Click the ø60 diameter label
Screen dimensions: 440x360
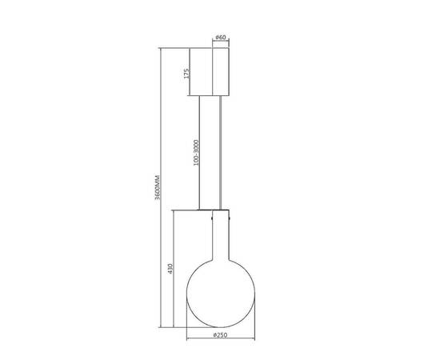click(x=221, y=37)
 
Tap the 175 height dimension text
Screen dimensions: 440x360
click(x=187, y=73)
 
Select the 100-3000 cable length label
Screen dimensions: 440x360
click(x=196, y=153)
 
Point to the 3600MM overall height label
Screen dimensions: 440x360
click(x=158, y=187)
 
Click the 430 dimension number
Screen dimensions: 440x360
click(x=170, y=269)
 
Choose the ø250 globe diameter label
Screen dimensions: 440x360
click(x=220, y=335)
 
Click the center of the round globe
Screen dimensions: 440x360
click(x=221, y=294)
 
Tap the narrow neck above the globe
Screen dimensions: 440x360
click(x=221, y=235)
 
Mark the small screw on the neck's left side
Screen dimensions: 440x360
click(x=211, y=217)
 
